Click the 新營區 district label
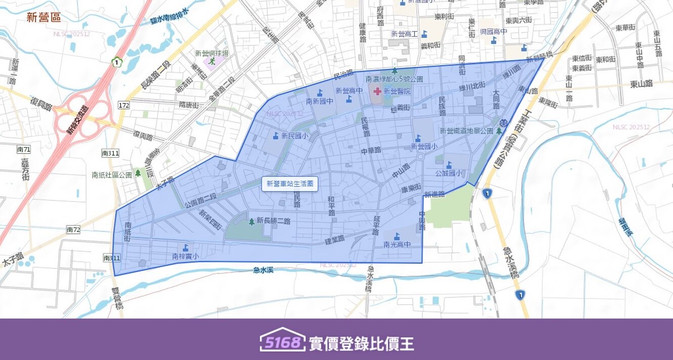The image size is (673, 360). pyautogui.click(x=44, y=18)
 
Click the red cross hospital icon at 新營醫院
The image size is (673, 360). pyautogui.click(x=377, y=92)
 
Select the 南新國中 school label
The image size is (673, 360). pyautogui.click(x=320, y=101)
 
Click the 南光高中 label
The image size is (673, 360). pyautogui.click(x=396, y=245)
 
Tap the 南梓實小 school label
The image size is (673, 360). pyautogui.click(x=186, y=256)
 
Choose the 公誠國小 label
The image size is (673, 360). pyautogui.click(x=448, y=173)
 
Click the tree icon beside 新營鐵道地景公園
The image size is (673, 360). pyautogui.click(x=499, y=131)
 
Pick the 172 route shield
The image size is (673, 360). pyautogui.click(x=124, y=105)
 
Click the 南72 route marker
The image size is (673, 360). pyautogui.click(x=73, y=230)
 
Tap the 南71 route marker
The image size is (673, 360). pyautogui.click(x=24, y=150)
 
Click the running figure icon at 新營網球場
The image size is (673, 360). pyautogui.click(x=212, y=61)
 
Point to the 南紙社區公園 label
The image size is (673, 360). pyautogui.click(x=112, y=175)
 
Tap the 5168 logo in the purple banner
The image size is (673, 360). pyautogui.click(x=283, y=342)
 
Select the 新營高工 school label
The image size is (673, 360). pyautogui.click(x=405, y=34)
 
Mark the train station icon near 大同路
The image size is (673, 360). pyautogui.click(x=504, y=123)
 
